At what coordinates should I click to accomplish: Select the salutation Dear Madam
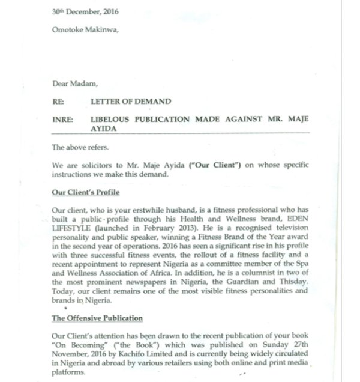(70, 83)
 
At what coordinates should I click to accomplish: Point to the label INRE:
(63, 120)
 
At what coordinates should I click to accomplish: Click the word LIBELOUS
(116, 120)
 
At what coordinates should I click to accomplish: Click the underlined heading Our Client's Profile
(86, 192)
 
